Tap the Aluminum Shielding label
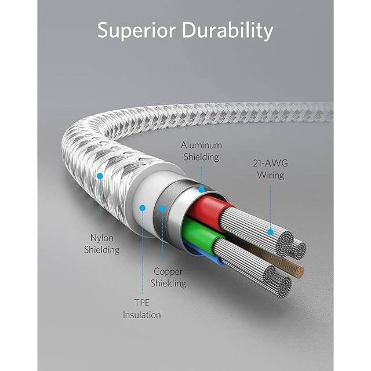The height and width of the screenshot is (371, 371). click(201, 151)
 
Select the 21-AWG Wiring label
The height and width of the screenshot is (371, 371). click(271, 169)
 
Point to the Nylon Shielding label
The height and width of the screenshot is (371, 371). click(105, 243)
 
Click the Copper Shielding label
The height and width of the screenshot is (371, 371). click(169, 277)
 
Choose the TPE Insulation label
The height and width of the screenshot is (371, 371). click(141, 309)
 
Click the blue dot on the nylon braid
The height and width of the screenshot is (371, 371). click(100, 174)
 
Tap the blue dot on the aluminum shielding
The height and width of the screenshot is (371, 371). click(201, 188)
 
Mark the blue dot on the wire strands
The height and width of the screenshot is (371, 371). click(270, 232)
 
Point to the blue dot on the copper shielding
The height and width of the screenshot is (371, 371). click(163, 208)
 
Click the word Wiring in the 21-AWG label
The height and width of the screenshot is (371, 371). click(271, 174)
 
